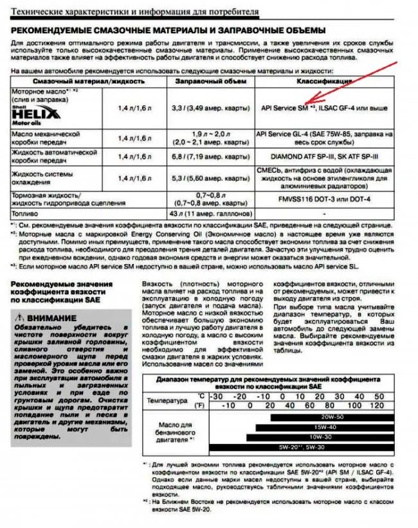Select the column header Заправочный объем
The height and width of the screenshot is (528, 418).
tap(206, 82)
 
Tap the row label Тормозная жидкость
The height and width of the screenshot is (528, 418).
tap(41, 195)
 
